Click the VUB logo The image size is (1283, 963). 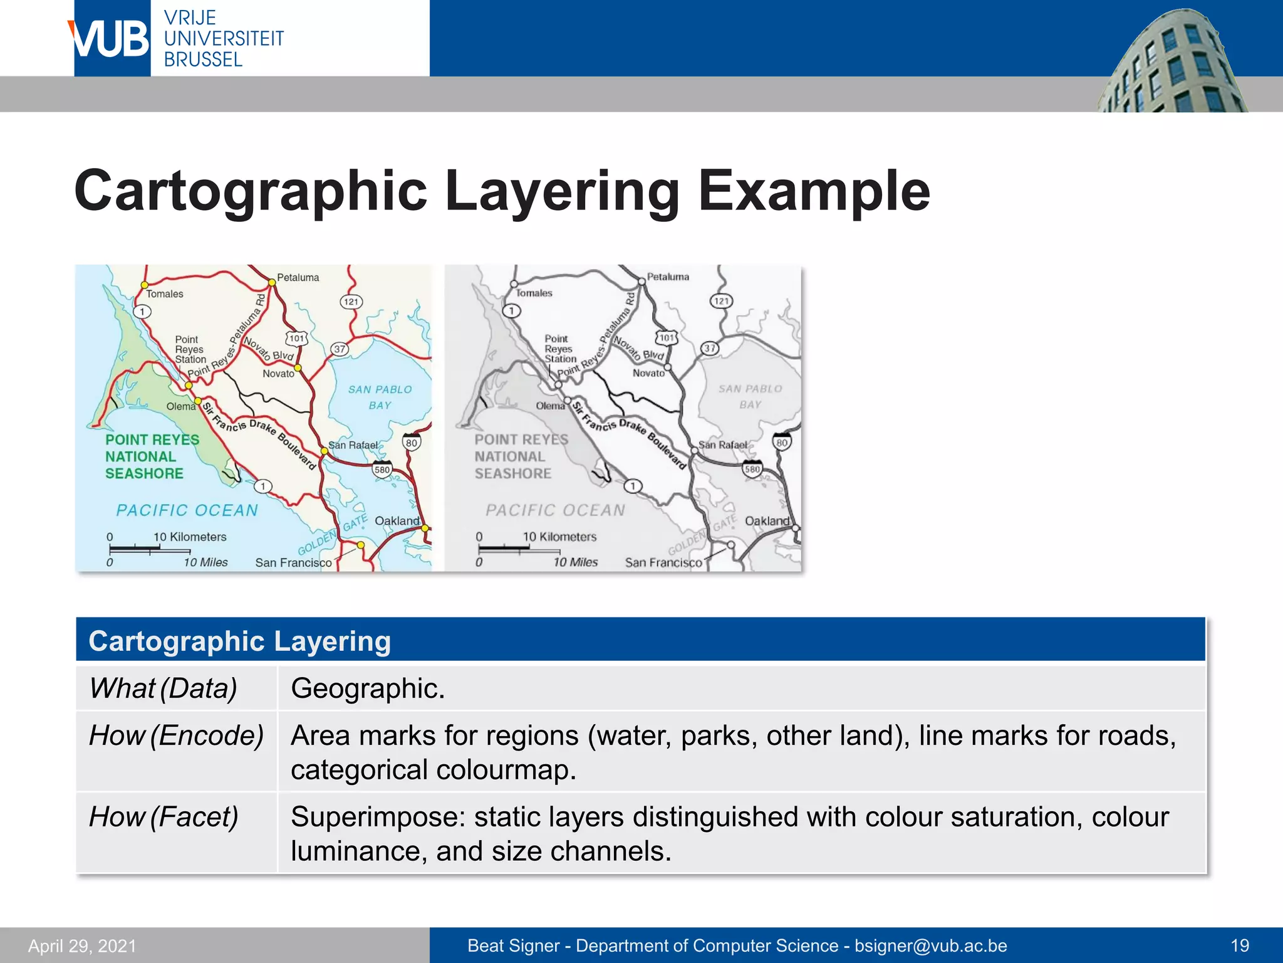click(112, 38)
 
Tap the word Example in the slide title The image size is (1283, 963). click(814, 191)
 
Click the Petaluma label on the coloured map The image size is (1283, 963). click(298, 278)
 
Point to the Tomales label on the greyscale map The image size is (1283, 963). click(534, 293)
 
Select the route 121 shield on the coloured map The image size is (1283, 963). click(351, 302)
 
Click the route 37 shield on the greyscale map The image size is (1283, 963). click(709, 348)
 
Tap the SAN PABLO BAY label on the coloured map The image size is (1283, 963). click(380, 397)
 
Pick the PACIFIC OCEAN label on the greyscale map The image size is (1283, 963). click(556, 510)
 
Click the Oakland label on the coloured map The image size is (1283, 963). click(397, 521)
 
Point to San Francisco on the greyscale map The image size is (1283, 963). click(663, 562)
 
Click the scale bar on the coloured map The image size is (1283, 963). click(135, 549)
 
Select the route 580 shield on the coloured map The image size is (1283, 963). click(382, 470)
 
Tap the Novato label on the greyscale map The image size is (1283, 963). click(648, 373)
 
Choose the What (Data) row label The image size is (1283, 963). click(163, 688)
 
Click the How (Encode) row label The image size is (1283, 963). click(176, 735)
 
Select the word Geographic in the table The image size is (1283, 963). click(368, 688)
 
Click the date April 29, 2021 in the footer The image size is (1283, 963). click(82, 945)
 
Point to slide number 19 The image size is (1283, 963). click(1240, 945)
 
